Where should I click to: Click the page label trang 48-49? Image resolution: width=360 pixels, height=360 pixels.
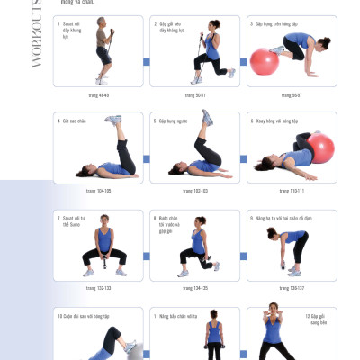pos(98,94)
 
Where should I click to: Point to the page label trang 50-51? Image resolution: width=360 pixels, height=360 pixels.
pos(194,94)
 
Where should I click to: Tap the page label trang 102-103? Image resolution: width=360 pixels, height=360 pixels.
pos(194,191)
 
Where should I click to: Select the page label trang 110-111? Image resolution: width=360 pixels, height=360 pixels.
pos(292,191)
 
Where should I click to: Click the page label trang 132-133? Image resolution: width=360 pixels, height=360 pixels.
pos(98,288)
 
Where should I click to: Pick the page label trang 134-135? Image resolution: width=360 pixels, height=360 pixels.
pos(194,288)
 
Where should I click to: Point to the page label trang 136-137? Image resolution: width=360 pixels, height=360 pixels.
pos(292,288)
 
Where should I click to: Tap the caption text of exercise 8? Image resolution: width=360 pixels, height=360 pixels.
pos(167,223)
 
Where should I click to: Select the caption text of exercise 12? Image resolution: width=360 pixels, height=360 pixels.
pos(315,319)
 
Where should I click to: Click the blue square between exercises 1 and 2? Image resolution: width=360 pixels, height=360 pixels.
pos(147,62)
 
